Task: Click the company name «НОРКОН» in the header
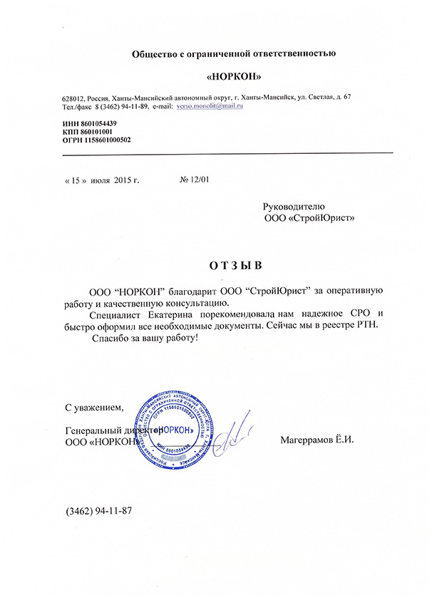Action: click(x=230, y=76)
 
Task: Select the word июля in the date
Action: click(x=100, y=180)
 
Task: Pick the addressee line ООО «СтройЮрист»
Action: click(x=309, y=217)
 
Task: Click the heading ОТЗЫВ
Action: click(x=235, y=267)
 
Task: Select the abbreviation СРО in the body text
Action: click(x=364, y=314)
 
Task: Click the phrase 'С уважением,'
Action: click(x=94, y=408)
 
